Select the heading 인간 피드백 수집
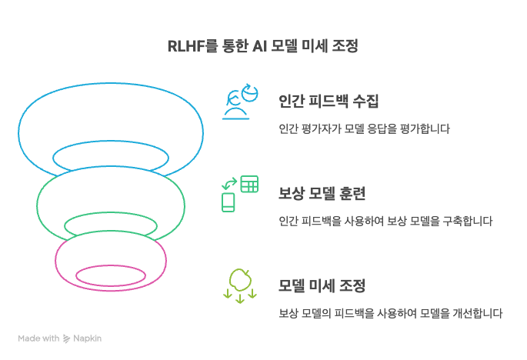coord(329,102)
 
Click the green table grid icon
coord(249,184)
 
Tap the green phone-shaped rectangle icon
coord(228,202)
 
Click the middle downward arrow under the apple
coord(239,297)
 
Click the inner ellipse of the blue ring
coord(111,157)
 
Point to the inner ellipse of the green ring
coord(111,225)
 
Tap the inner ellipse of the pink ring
coord(111,275)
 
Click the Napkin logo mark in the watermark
coord(68,338)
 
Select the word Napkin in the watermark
coord(88,338)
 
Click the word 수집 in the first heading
coord(365,102)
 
